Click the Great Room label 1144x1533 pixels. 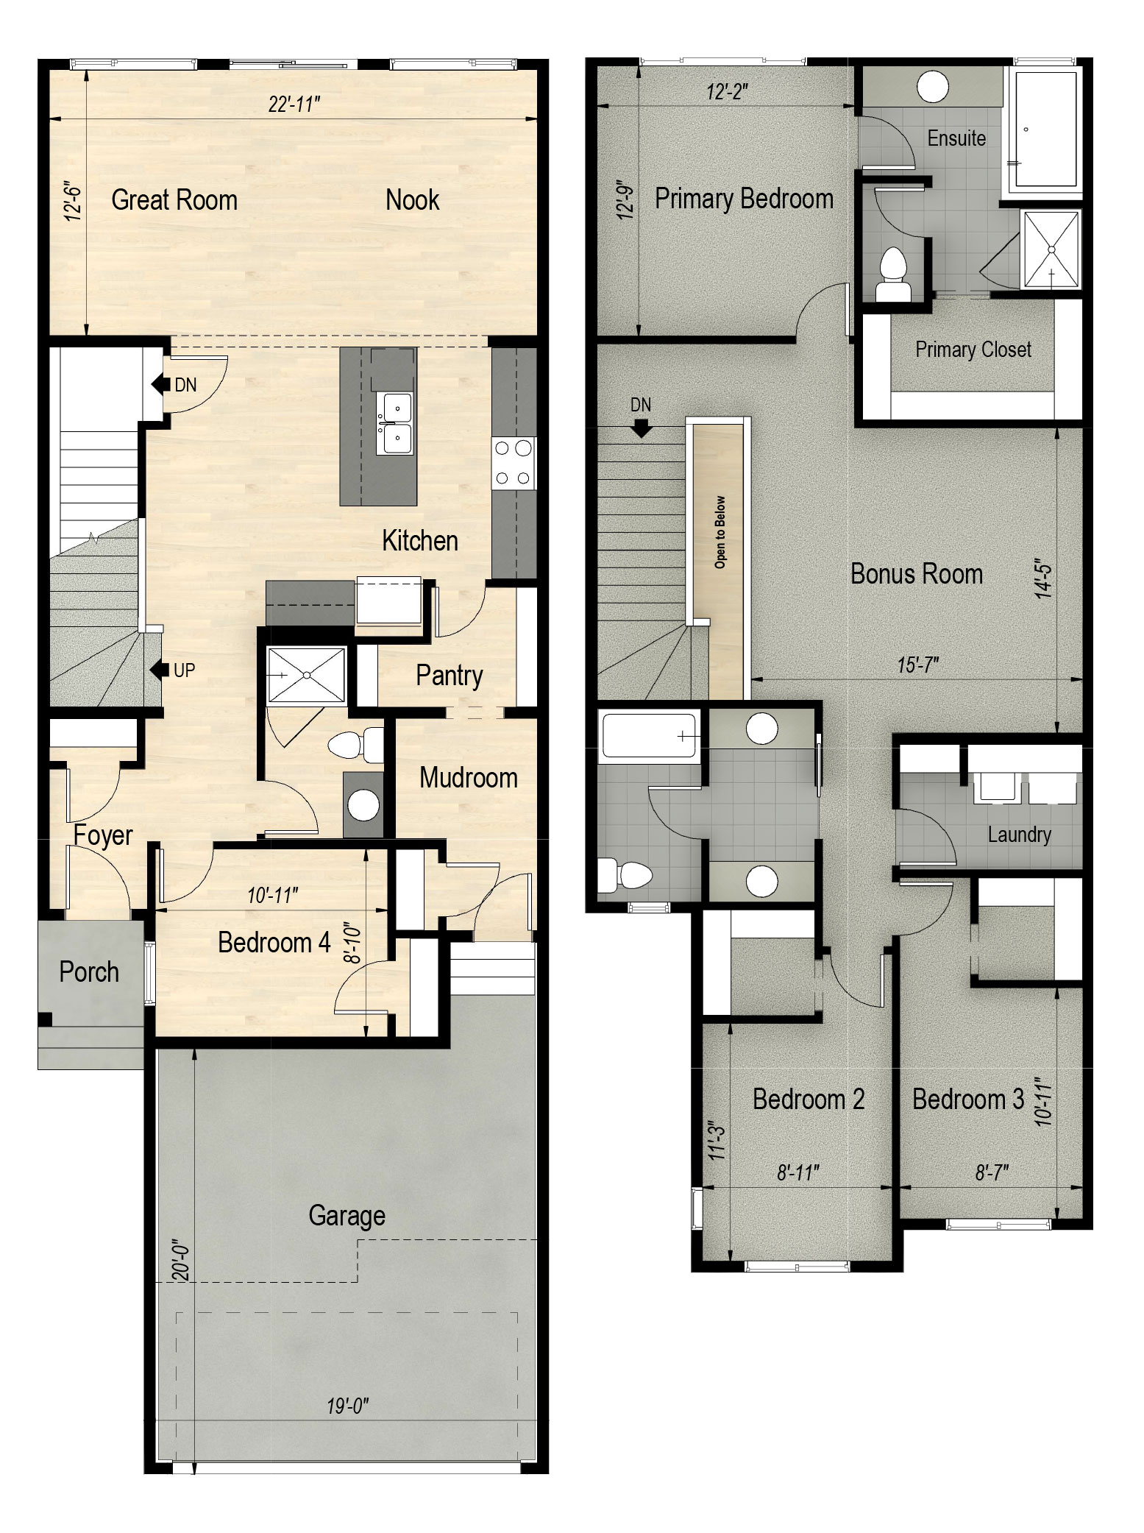[174, 200]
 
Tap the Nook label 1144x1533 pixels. [412, 200]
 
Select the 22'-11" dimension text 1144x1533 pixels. [294, 105]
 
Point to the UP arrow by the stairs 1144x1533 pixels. [157, 670]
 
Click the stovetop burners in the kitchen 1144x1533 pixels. [513, 463]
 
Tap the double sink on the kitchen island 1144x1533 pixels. [395, 424]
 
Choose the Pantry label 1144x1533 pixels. [449, 676]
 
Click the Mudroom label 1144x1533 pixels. [468, 778]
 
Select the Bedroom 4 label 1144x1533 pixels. [274, 943]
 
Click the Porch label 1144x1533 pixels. [89, 971]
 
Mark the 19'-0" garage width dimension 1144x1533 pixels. [347, 1406]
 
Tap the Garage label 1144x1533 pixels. [347, 1216]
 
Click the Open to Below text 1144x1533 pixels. [720, 532]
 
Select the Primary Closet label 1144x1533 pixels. [973, 350]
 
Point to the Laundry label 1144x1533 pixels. [1019, 835]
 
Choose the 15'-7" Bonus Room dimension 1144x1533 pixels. [917, 665]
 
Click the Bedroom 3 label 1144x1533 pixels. [967, 1100]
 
